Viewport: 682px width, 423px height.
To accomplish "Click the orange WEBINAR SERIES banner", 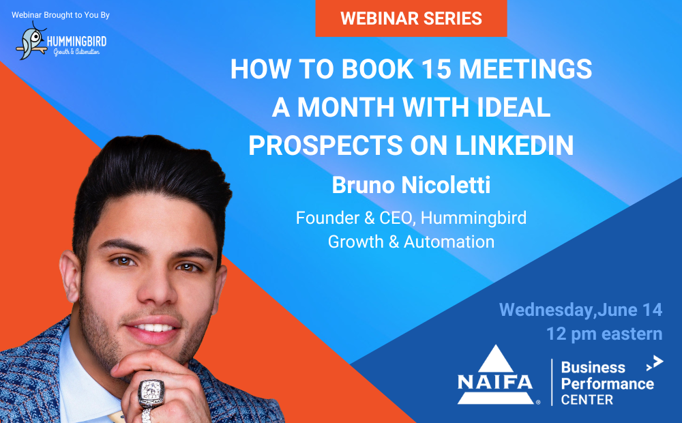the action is [411, 18].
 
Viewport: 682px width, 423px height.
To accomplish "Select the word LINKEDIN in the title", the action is [514, 145].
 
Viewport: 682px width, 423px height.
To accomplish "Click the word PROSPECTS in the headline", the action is [326, 145].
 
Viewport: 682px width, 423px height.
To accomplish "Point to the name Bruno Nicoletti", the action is [411, 185].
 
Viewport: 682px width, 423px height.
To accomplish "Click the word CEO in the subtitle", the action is [396, 218].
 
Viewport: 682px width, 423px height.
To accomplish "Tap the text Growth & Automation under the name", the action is [411, 242].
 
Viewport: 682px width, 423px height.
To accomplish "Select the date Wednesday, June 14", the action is [580, 310].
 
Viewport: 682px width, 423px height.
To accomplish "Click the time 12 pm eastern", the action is [604, 334].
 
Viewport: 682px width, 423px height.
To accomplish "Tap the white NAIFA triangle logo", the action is [495, 375].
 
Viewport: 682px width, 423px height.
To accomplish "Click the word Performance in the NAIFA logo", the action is [607, 384].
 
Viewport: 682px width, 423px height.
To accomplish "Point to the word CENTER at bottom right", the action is [587, 400].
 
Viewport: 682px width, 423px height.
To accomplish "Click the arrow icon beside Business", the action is [655, 363].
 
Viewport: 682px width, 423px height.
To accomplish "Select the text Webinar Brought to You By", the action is [61, 15].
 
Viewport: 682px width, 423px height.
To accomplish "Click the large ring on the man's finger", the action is [151, 394].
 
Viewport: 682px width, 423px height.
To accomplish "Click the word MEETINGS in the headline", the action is [525, 69].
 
